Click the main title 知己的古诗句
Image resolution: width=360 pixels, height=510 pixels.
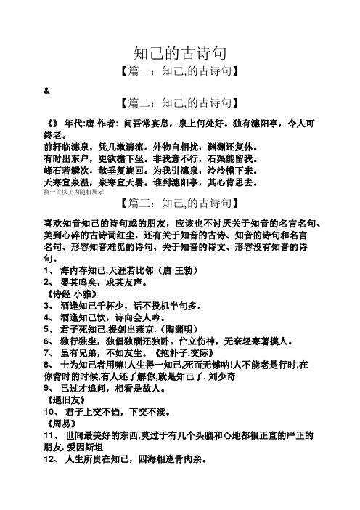click(x=179, y=53)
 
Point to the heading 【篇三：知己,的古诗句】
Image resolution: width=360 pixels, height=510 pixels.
click(x=179, y=201)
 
